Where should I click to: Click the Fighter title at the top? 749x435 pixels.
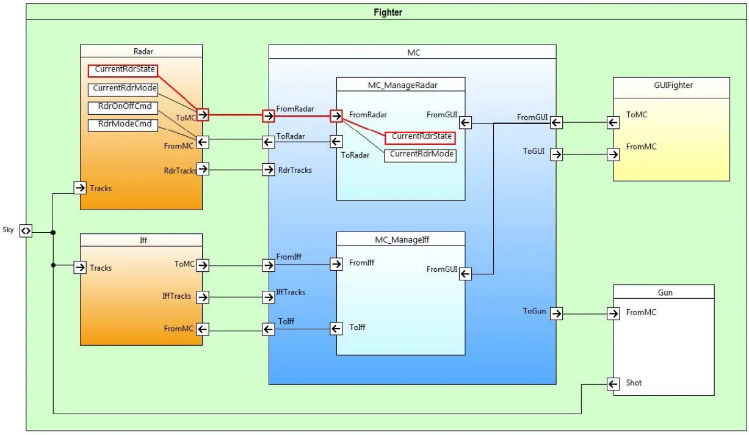388,12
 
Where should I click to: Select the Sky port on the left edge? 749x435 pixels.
26,230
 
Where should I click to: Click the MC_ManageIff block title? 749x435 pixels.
400,239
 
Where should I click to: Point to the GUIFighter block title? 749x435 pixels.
671,85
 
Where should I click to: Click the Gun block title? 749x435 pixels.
665,292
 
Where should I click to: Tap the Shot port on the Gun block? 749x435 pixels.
613,384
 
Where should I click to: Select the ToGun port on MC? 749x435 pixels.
556,313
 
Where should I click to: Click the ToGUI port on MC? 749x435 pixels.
556,154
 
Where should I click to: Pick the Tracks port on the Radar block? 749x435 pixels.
80,188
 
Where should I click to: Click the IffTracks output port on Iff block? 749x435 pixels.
203,297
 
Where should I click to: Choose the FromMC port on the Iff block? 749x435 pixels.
203,329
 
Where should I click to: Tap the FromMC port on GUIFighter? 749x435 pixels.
613,154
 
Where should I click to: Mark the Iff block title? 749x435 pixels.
143,240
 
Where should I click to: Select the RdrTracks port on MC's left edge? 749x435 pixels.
269,169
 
